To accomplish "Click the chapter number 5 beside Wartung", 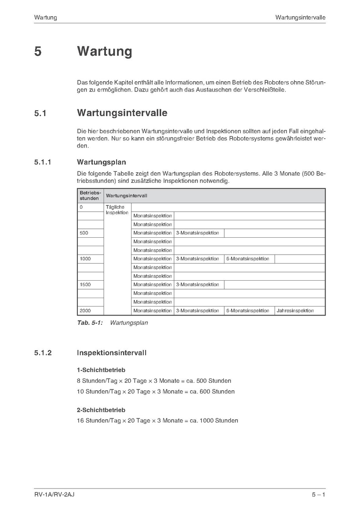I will [x=38, y=52].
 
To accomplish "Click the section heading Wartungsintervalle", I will [x=122, y=113].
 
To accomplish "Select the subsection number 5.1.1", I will [x=43, y=162].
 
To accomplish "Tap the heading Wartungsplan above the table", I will [x=101, y=162].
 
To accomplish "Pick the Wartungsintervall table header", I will [x=127, y=196].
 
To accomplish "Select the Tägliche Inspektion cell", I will [x=117, y=210].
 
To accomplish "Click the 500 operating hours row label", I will [x=84, y=233].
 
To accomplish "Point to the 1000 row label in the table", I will [x=85, y=259].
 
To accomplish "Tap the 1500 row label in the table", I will [x=85, y=284].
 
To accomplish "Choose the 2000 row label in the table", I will [x=85, y=311].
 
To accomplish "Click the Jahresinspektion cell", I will [x=295, y=311].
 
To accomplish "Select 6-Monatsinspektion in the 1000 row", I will [x=248, y=259].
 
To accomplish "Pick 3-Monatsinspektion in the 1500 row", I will [x=197, y=284].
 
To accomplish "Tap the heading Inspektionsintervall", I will [x=111, y=353].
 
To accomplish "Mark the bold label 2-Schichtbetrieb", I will [x=101, y=410].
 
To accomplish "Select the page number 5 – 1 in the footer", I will [x=318, y=495].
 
